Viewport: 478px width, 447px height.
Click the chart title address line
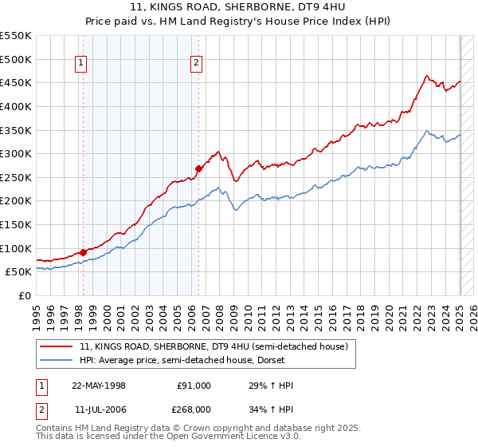click(x=238, y=7)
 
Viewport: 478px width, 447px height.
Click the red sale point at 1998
click(x=84, y=252)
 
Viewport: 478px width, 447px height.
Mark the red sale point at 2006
click(x=198, y=168)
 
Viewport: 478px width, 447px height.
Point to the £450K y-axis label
click(x=16, y=82)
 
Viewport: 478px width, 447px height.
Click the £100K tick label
click(x=16, y=248)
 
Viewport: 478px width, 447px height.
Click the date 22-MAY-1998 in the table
click(x=99, y=386)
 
